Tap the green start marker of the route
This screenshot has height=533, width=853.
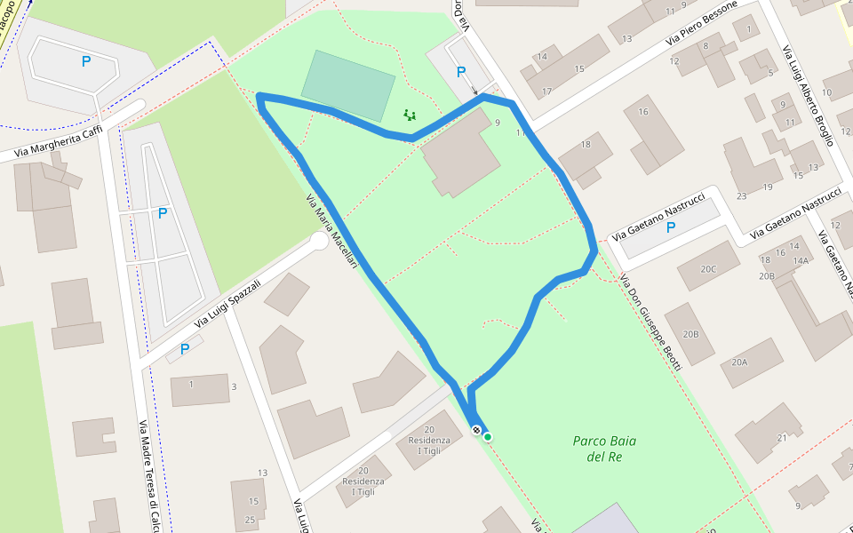(488, 436)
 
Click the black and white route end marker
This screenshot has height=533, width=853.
(477, 431)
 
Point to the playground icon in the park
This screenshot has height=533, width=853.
(410, 115)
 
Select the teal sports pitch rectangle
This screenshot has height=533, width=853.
(348, 86)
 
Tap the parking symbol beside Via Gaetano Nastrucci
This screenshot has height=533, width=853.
(670, 227)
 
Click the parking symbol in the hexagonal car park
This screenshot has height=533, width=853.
(86, 61)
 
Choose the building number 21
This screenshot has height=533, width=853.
(782, 438)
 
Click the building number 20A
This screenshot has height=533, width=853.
(739, 362)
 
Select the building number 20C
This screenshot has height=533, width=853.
(708, 269)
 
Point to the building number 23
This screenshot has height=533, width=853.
(741, 196)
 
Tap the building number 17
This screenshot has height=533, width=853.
(546, 92)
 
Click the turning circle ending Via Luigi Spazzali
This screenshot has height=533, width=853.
(319, 241)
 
